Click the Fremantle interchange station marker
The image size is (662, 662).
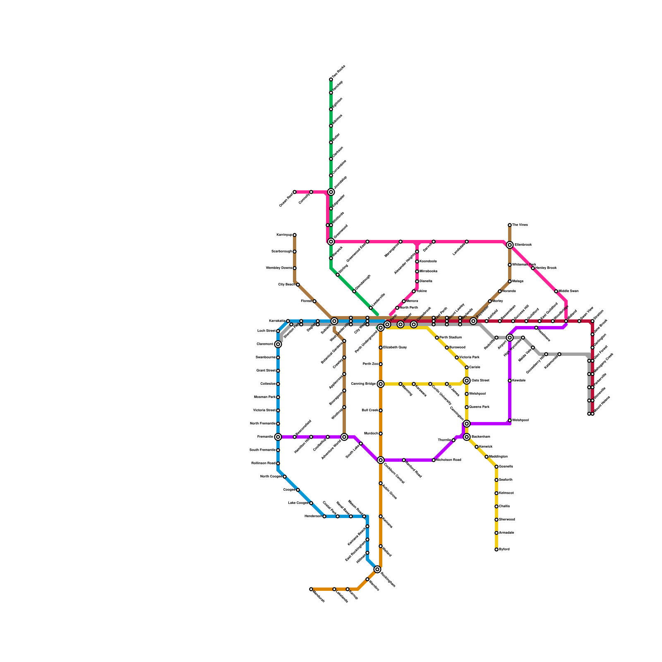click(x=278, y=437)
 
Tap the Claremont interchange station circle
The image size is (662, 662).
click(x=278, y=344)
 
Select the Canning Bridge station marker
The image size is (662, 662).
click(x=381, y=384)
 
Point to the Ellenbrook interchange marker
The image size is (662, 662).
click(x=510, y=245)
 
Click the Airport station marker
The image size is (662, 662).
click(x=510, y=338)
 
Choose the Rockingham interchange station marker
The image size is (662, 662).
click(x=377, y=569)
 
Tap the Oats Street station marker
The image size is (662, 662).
click(x=467, y=381)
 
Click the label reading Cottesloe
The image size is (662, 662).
click(x=268, y=384)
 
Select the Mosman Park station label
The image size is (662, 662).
click(x=264, y=397)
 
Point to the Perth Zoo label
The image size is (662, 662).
click(x=370, y=364)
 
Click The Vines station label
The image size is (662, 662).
click(x=520, y=225)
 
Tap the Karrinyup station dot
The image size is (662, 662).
click(x=295, y=235)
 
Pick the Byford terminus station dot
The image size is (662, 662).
click(x=496, y=549)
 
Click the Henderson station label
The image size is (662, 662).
click(x=313, y=516)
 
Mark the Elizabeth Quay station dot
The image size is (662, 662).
click(x=381, y=348)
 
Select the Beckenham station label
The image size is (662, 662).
click(x=481, y=437)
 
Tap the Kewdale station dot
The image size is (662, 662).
click(x=510, y=381)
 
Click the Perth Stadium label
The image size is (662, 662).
click(x=451, y=338)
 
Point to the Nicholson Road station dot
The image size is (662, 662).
click(x=434, y=460)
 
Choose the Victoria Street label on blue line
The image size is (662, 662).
click(x=264, y=410)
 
